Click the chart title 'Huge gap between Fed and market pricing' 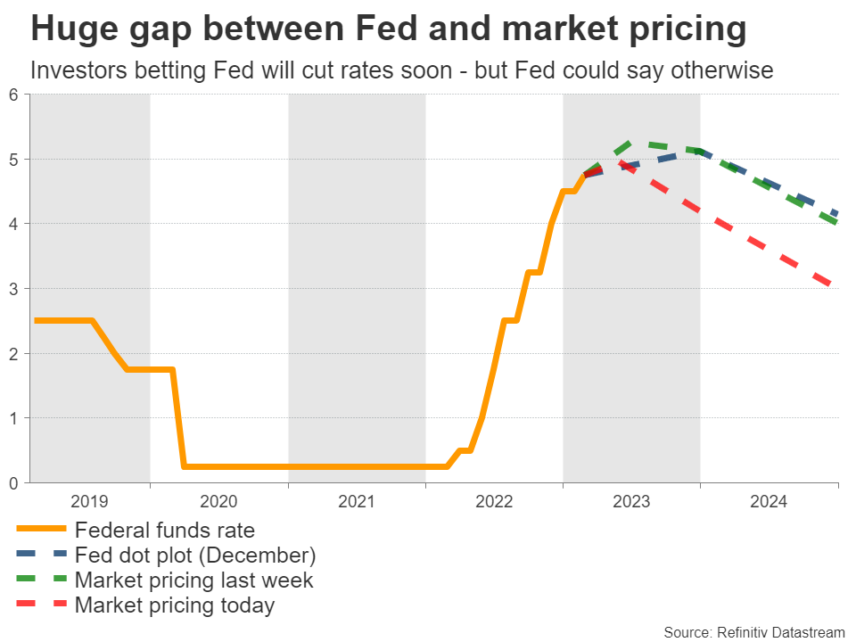pos(388,30)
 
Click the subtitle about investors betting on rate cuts pos(401,70)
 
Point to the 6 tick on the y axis pos(13,95)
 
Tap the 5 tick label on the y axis pos(13,160)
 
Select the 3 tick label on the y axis pos(13,289)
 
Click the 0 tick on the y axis pos(13,483)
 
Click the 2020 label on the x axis pos(219,502)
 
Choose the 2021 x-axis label pos(357,502)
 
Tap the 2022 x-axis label pos(494,502)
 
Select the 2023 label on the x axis pos(631,502)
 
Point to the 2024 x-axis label pos(769,502)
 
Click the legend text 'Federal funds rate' pos(165,531)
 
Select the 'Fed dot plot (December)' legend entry pos(195,556)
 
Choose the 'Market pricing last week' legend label pos(193,580)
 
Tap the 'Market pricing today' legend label pos(175,606)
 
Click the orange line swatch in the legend pos(41,531)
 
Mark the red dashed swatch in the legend pos(41,606)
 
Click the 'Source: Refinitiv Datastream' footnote pos(753,632)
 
